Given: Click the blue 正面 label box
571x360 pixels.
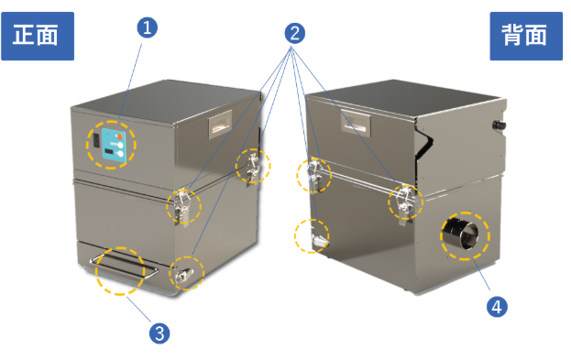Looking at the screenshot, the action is coord(38,36).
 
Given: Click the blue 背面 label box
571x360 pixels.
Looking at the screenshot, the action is coord(526,36).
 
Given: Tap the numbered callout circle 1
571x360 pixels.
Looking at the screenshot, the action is coord(148,27).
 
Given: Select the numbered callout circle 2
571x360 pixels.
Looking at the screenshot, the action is coord(294,34).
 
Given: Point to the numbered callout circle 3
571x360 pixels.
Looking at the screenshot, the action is coord(159,333).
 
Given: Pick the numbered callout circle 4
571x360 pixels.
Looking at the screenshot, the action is coord(497,307).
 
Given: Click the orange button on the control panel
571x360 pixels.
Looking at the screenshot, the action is coord(119,136).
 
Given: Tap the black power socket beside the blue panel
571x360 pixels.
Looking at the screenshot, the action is coord(96,140).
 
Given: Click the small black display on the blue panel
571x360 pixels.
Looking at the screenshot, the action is coord(108,151).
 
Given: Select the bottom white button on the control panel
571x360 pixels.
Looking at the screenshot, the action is coord(120,154).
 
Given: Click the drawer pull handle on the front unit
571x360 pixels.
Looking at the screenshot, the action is coord(124,266).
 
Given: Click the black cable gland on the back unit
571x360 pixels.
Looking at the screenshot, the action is coord(499,125).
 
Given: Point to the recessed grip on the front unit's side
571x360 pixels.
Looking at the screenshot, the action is coord(220,125).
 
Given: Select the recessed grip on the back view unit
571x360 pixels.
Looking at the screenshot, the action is coord(355,122).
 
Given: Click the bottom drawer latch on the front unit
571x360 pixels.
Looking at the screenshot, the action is coord(184,276).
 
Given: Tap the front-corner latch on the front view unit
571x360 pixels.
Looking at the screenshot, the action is coord(182,206).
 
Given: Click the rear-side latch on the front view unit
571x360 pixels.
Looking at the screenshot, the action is coord(252,167).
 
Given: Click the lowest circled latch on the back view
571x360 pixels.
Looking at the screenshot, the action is coord(318,241).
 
